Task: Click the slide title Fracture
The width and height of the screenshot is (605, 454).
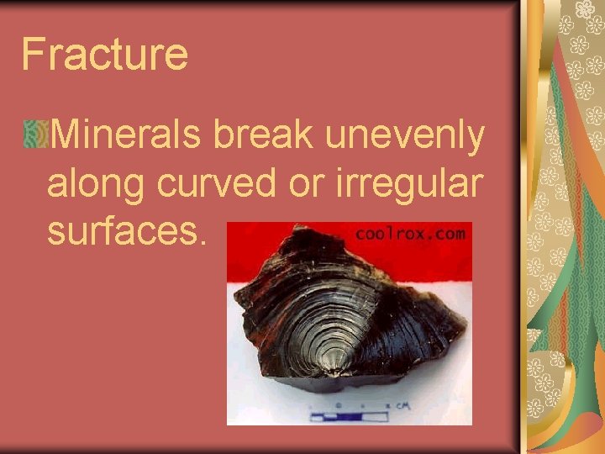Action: [104, 53]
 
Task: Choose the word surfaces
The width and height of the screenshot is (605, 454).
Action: [124, 231]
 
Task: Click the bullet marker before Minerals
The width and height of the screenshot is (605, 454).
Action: [34, 135]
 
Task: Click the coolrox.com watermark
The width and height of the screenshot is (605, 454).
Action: [409, 235]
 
